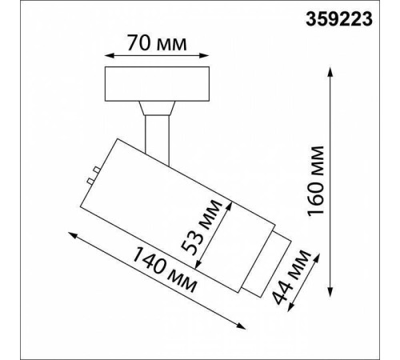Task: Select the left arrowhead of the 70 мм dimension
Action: pos(109,56)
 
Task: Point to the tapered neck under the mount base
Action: pos(155,109)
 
